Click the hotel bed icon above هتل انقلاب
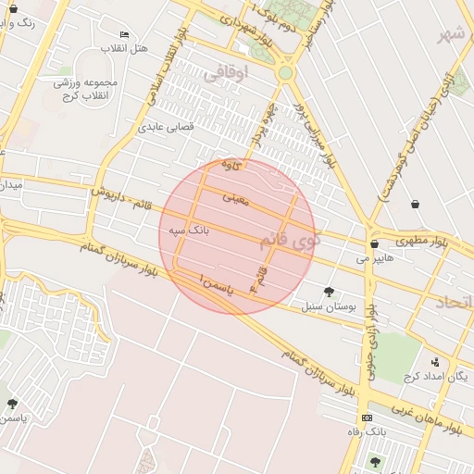coord(125,34)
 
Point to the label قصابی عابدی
coord(166,127)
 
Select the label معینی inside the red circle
coord(236,197)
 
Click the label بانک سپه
coord(190,228)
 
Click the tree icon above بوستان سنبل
coord(329,292)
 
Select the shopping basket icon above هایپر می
coord(374,244)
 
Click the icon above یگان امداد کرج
coord(435,362)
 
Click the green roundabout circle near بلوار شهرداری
coord(286,72)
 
